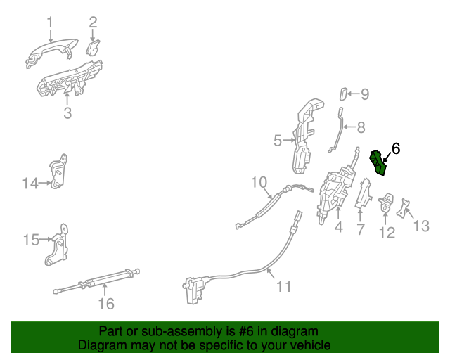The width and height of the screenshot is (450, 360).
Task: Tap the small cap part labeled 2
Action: pyautogui.click(x=93, y=48)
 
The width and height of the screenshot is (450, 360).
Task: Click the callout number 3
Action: pyautogui.click(x=67, y=112)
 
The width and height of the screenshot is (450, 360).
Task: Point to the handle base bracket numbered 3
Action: pyautogui.click(x=70, y=78)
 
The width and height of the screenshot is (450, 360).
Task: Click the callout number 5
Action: pyautogui.click(x=278, y=141)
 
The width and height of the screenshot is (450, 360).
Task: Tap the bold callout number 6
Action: pyautogui.click(x=395, y=148)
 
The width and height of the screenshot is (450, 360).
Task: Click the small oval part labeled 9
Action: pyautogui.click(x=343, y=94)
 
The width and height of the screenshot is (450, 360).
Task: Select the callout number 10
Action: pyautogui.click(x=260, y=184)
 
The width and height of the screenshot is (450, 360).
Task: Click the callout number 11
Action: pyautogui.click(x=283, y=286)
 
